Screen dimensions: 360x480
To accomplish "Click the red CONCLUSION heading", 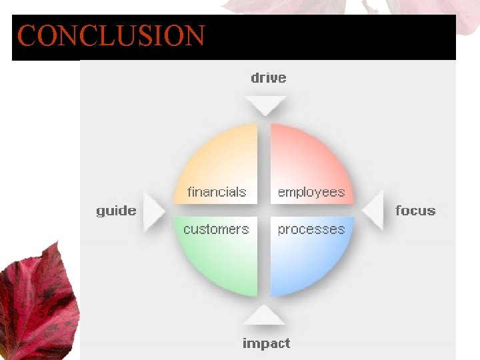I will (x=111, y=36).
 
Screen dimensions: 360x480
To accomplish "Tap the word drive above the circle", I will (x=268, y=78).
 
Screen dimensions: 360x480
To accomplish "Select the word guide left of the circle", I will (x=116, y=211).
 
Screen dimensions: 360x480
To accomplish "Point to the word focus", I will (x=415, y=211).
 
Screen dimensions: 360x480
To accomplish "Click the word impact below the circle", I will (x=266, y=344).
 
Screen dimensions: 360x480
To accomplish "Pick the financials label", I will (x=217, y=192).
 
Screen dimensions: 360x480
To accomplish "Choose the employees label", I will (x=311, y=192).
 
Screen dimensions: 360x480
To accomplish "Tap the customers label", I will (x=216, y=229).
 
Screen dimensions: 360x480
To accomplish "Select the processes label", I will (x=311, y=229).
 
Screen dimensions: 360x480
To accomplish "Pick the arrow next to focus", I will (x=374, y=210).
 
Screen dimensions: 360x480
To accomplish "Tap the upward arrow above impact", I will (x=265, y=315).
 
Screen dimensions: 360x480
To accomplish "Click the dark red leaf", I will (x=37, y=300).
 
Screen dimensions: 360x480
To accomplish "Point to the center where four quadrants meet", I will (x=264, y=210).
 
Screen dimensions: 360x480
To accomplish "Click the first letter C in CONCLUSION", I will (x=27, y=36).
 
